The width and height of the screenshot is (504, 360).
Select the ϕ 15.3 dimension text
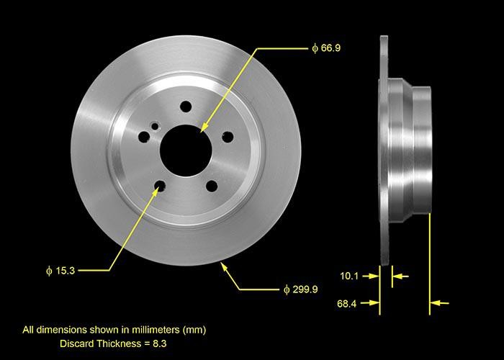click(59, 271)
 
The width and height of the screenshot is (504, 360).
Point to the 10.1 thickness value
click(349, 275)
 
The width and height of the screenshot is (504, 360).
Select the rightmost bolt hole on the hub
click(228, 136)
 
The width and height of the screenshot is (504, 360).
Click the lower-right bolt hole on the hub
click(211, 186)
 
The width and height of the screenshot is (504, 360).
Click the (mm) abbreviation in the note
click(194, 330)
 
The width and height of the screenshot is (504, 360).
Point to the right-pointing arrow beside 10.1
click(374, 275)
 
